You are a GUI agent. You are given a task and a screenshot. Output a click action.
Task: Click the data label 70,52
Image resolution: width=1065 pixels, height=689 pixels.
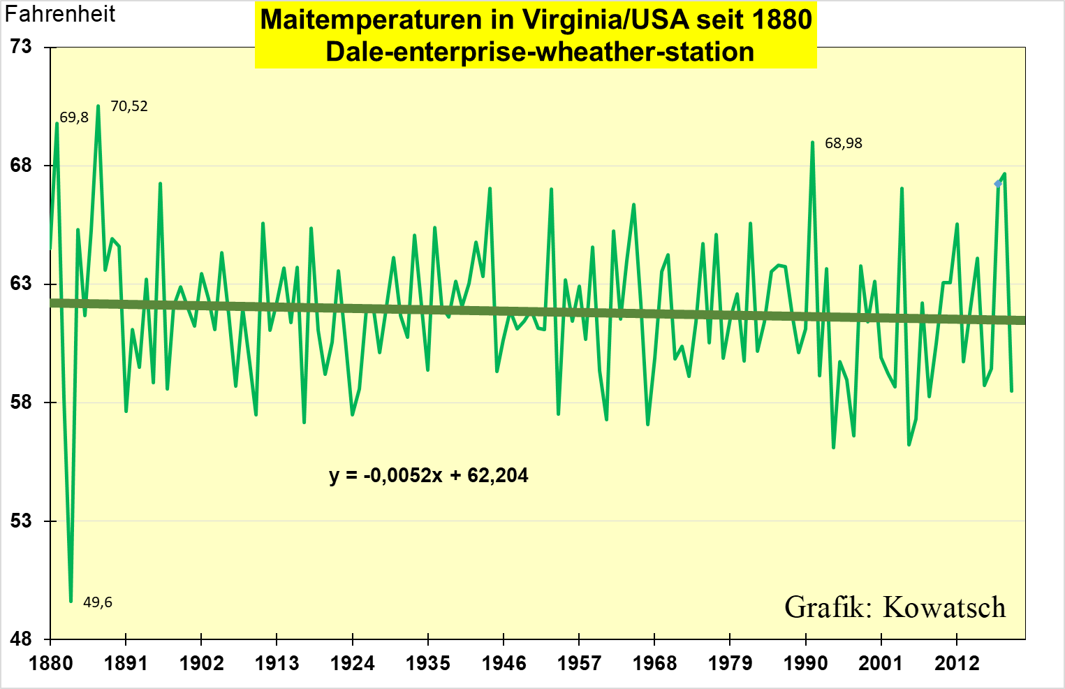click(129, 106)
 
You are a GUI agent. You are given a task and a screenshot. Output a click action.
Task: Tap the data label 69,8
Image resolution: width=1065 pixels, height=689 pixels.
click(74, 117)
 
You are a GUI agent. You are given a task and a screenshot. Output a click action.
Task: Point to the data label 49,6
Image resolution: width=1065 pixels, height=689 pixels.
click(98, 602)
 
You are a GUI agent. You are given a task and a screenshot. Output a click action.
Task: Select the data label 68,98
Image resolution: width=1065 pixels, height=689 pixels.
click(844, 143)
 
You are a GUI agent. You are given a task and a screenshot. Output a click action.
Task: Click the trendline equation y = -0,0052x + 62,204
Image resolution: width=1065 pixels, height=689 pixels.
click(429, 476)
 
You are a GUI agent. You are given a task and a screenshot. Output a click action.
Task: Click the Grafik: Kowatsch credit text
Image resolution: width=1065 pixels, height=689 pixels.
click(895, 607)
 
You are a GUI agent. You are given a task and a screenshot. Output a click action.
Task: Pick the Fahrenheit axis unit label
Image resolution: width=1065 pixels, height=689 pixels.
click(60, 14)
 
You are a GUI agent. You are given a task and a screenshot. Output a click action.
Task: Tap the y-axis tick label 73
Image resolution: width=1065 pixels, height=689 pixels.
click(21, 47)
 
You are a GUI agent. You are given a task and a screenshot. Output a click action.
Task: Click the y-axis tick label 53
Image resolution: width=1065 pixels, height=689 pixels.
click(21, 521)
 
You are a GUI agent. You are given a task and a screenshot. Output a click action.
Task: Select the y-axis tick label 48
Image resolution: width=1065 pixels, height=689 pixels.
click(21, 639)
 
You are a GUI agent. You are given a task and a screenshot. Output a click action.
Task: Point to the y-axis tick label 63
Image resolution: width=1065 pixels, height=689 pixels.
click(21, 284)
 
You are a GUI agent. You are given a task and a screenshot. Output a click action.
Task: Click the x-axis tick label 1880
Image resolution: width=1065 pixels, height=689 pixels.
click(50, 663)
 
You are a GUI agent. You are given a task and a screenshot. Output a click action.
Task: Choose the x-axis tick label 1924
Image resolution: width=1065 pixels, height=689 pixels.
click(352, 663)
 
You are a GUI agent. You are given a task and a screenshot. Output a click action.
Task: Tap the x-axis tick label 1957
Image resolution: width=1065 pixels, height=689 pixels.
click(579, 663)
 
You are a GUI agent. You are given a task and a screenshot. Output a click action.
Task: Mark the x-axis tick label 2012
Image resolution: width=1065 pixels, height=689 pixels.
click(957, 663)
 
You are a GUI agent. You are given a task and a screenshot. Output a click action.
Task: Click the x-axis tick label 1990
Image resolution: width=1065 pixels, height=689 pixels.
click(805, 663)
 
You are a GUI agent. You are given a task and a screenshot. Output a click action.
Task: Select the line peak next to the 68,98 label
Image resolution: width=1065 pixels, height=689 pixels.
click(812, 143)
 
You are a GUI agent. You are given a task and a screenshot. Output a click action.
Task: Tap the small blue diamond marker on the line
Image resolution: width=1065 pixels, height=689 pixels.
click(998, 184)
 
